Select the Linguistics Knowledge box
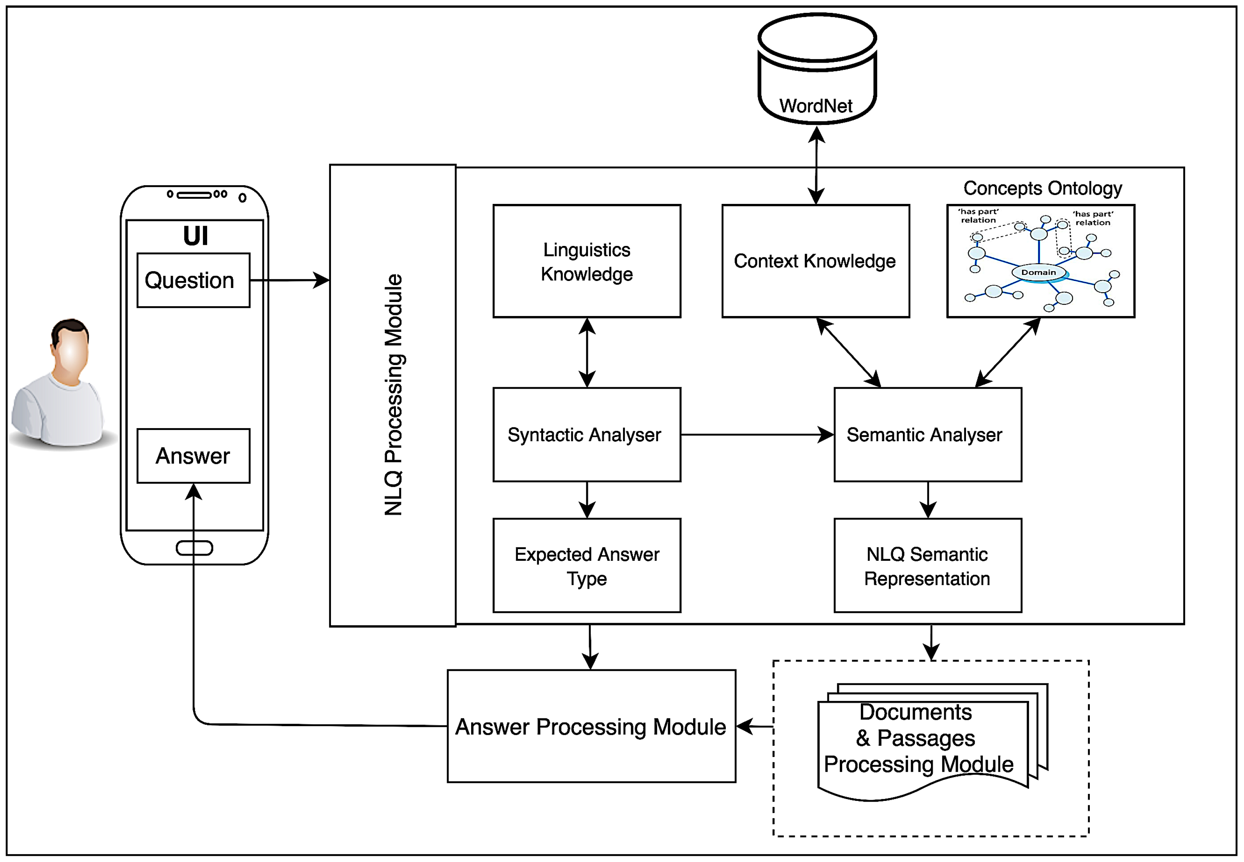click(x=587, y=262)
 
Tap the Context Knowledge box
click(x=815, y=262)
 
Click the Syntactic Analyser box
click(x=587, y=435)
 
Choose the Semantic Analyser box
click(x=927, y=435)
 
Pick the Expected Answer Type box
click(x=587, y=565)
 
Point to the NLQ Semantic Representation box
click(x=927, y=565)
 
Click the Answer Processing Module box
click(x=591, y=727)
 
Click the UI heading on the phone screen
click(x=195, y=236)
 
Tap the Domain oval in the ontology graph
click(x=1038, y=272)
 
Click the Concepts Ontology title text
click(x=1042, y=188)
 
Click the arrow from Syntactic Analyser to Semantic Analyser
click(x=757, y=434)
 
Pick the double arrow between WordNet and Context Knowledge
click(x=816, y=165)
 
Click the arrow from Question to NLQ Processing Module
click(x=289, y=280)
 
